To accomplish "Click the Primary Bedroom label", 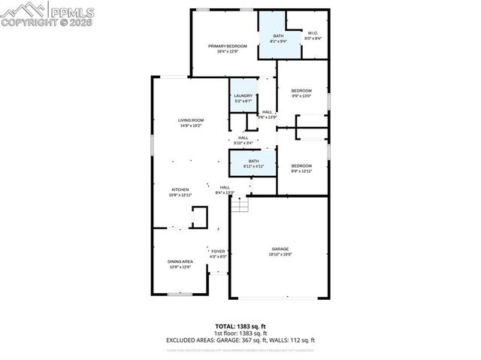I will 227,47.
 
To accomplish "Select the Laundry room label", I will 243,95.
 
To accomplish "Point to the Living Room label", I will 191,120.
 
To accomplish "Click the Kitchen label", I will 180,189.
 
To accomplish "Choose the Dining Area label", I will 180,262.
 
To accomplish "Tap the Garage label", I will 280,250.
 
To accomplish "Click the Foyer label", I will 218,251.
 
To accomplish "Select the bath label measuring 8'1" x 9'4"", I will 278,37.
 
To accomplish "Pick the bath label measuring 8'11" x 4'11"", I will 254,161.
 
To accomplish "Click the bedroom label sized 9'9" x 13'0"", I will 301,91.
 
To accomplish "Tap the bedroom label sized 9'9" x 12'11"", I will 301,165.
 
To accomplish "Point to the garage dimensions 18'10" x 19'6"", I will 280,255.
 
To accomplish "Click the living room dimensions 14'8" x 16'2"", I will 191,126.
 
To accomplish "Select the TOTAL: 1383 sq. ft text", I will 240,326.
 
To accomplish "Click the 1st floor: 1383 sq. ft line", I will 240,333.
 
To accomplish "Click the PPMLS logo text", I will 71,11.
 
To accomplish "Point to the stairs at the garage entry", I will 239,203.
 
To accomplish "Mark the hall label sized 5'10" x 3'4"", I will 243,139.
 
